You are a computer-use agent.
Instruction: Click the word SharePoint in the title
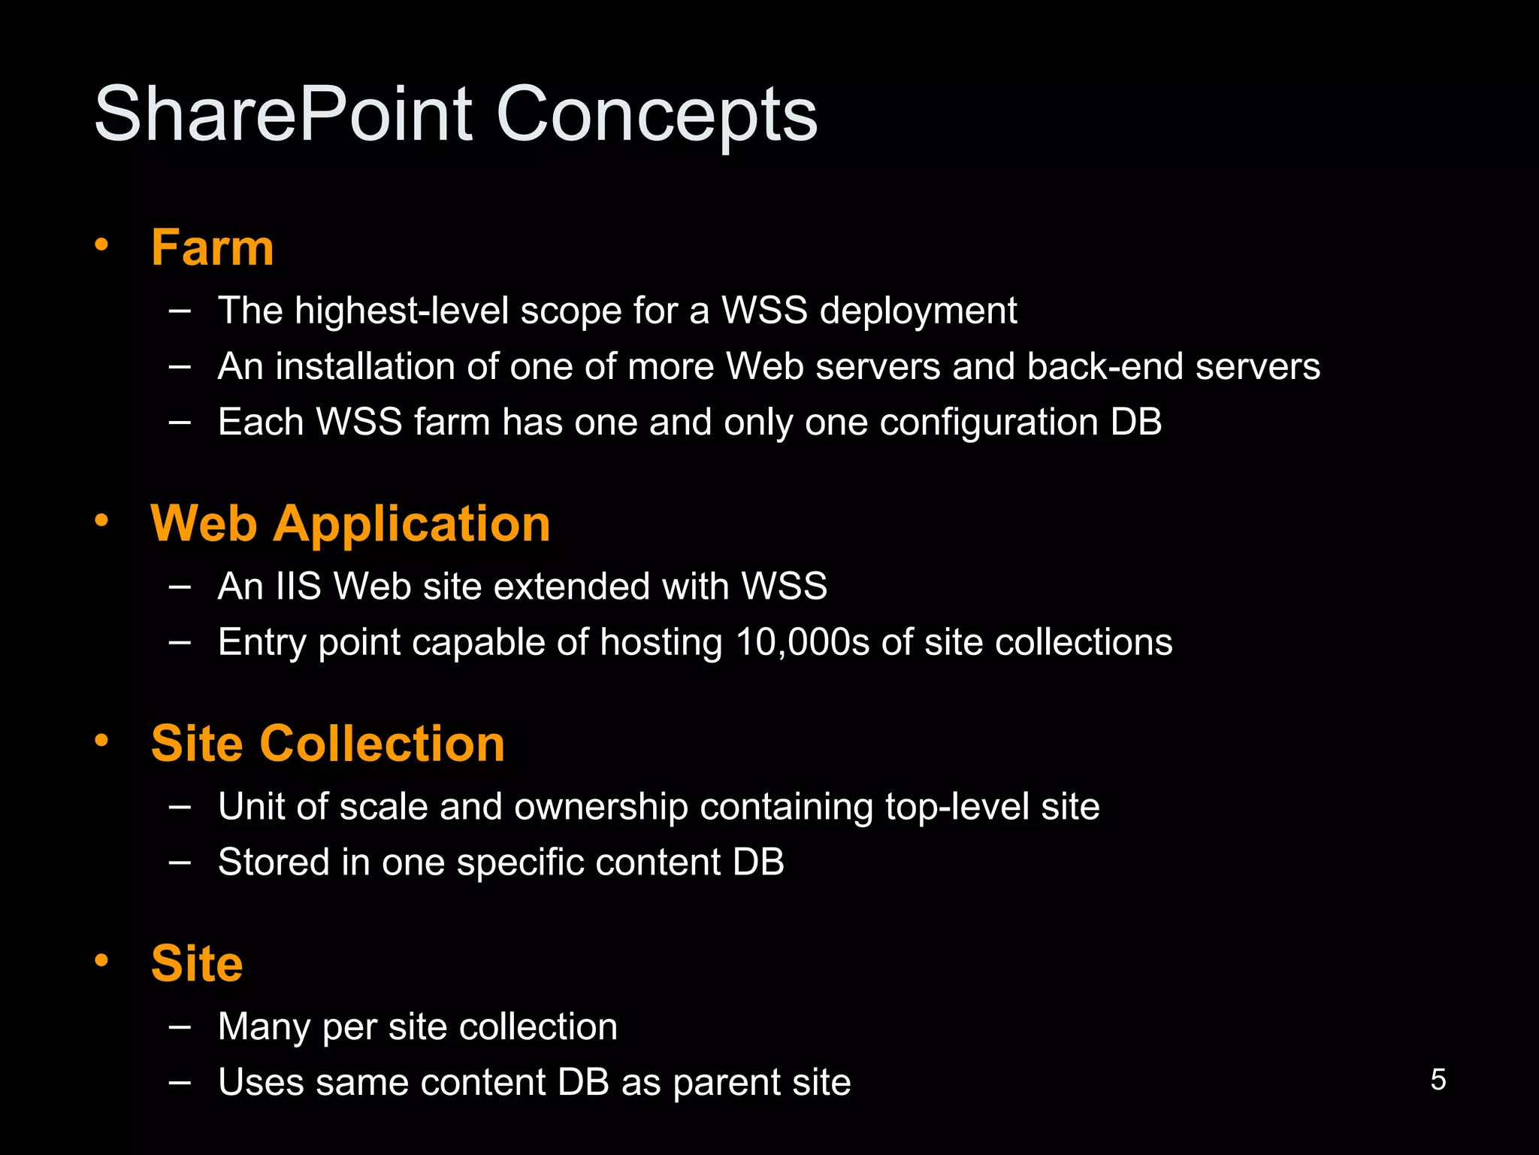click(x=283, y=114)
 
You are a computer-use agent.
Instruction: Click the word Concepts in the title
click(x=656, y=114)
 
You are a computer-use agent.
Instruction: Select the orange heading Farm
click(x=213, y=247)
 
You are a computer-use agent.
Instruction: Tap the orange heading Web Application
click(x=350, y=523)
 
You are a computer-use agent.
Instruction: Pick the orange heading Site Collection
click(x=328, y=744)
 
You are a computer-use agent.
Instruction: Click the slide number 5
click(x=1438, y=1080)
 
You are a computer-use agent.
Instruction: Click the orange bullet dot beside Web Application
click(x=101, y=520)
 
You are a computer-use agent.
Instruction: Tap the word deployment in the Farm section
click(x=918, y=311)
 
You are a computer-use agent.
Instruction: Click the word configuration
click(x=989, y=422)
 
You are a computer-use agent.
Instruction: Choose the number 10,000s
click(x=802, y=642)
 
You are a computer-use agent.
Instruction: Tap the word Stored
click(x=274, y=862)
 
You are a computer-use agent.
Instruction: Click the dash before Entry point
click(x=180, y=642)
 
